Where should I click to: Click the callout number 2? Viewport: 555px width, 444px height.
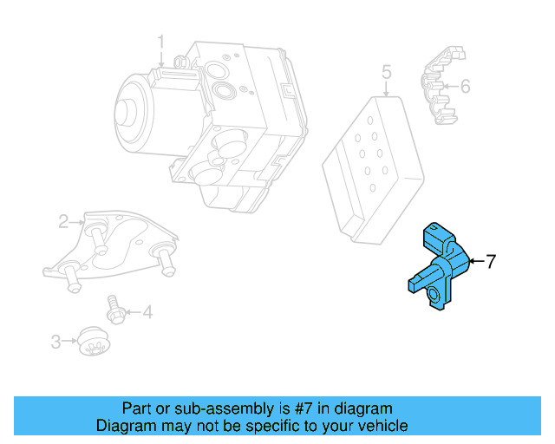click(63, 223)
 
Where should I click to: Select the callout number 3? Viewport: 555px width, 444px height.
click(55, 342)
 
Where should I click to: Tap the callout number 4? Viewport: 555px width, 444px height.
click(147, 311)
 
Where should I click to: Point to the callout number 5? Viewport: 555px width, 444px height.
click(387, 72)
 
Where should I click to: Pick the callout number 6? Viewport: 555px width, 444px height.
click(465, 86)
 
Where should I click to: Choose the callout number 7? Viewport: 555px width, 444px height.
click(490, 261)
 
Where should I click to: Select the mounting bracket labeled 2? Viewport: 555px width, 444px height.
click(113, 247)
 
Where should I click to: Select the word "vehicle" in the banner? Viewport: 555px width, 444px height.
click(381, 426)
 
